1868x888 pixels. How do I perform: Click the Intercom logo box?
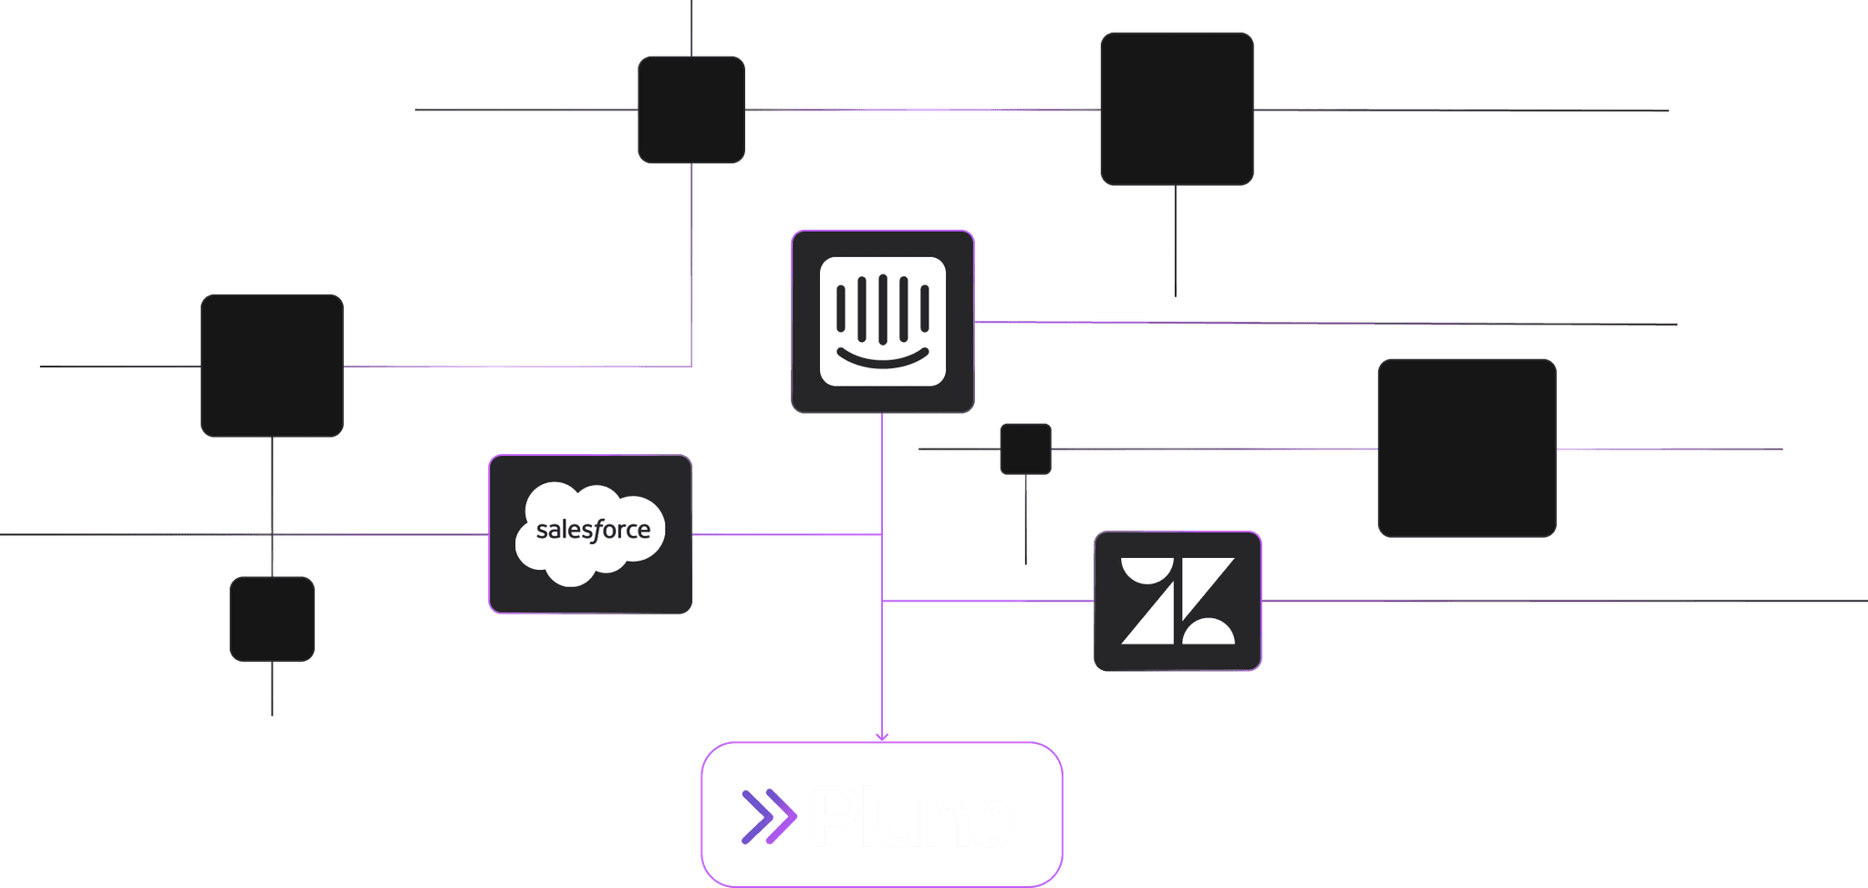point(882,321)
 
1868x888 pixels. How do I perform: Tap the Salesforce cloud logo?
point(591,533)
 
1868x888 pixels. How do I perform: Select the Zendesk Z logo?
point(1178,601)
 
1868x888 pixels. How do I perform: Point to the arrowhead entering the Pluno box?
point(882,737)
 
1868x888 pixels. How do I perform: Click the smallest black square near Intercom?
point(1025,449)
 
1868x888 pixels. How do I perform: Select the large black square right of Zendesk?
point(1466,448)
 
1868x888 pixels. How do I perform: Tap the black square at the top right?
point(1177,109)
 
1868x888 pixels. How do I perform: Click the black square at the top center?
point(691,109)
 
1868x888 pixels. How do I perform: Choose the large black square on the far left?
point(272,366)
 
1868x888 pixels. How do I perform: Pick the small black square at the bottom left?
point(272,618)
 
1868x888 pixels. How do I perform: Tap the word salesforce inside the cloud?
point(593,530)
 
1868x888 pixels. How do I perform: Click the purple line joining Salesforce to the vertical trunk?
point(784,535)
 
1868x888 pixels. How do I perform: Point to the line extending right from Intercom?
point(1323,323)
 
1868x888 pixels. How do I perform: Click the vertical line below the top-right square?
point(1175,242)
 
